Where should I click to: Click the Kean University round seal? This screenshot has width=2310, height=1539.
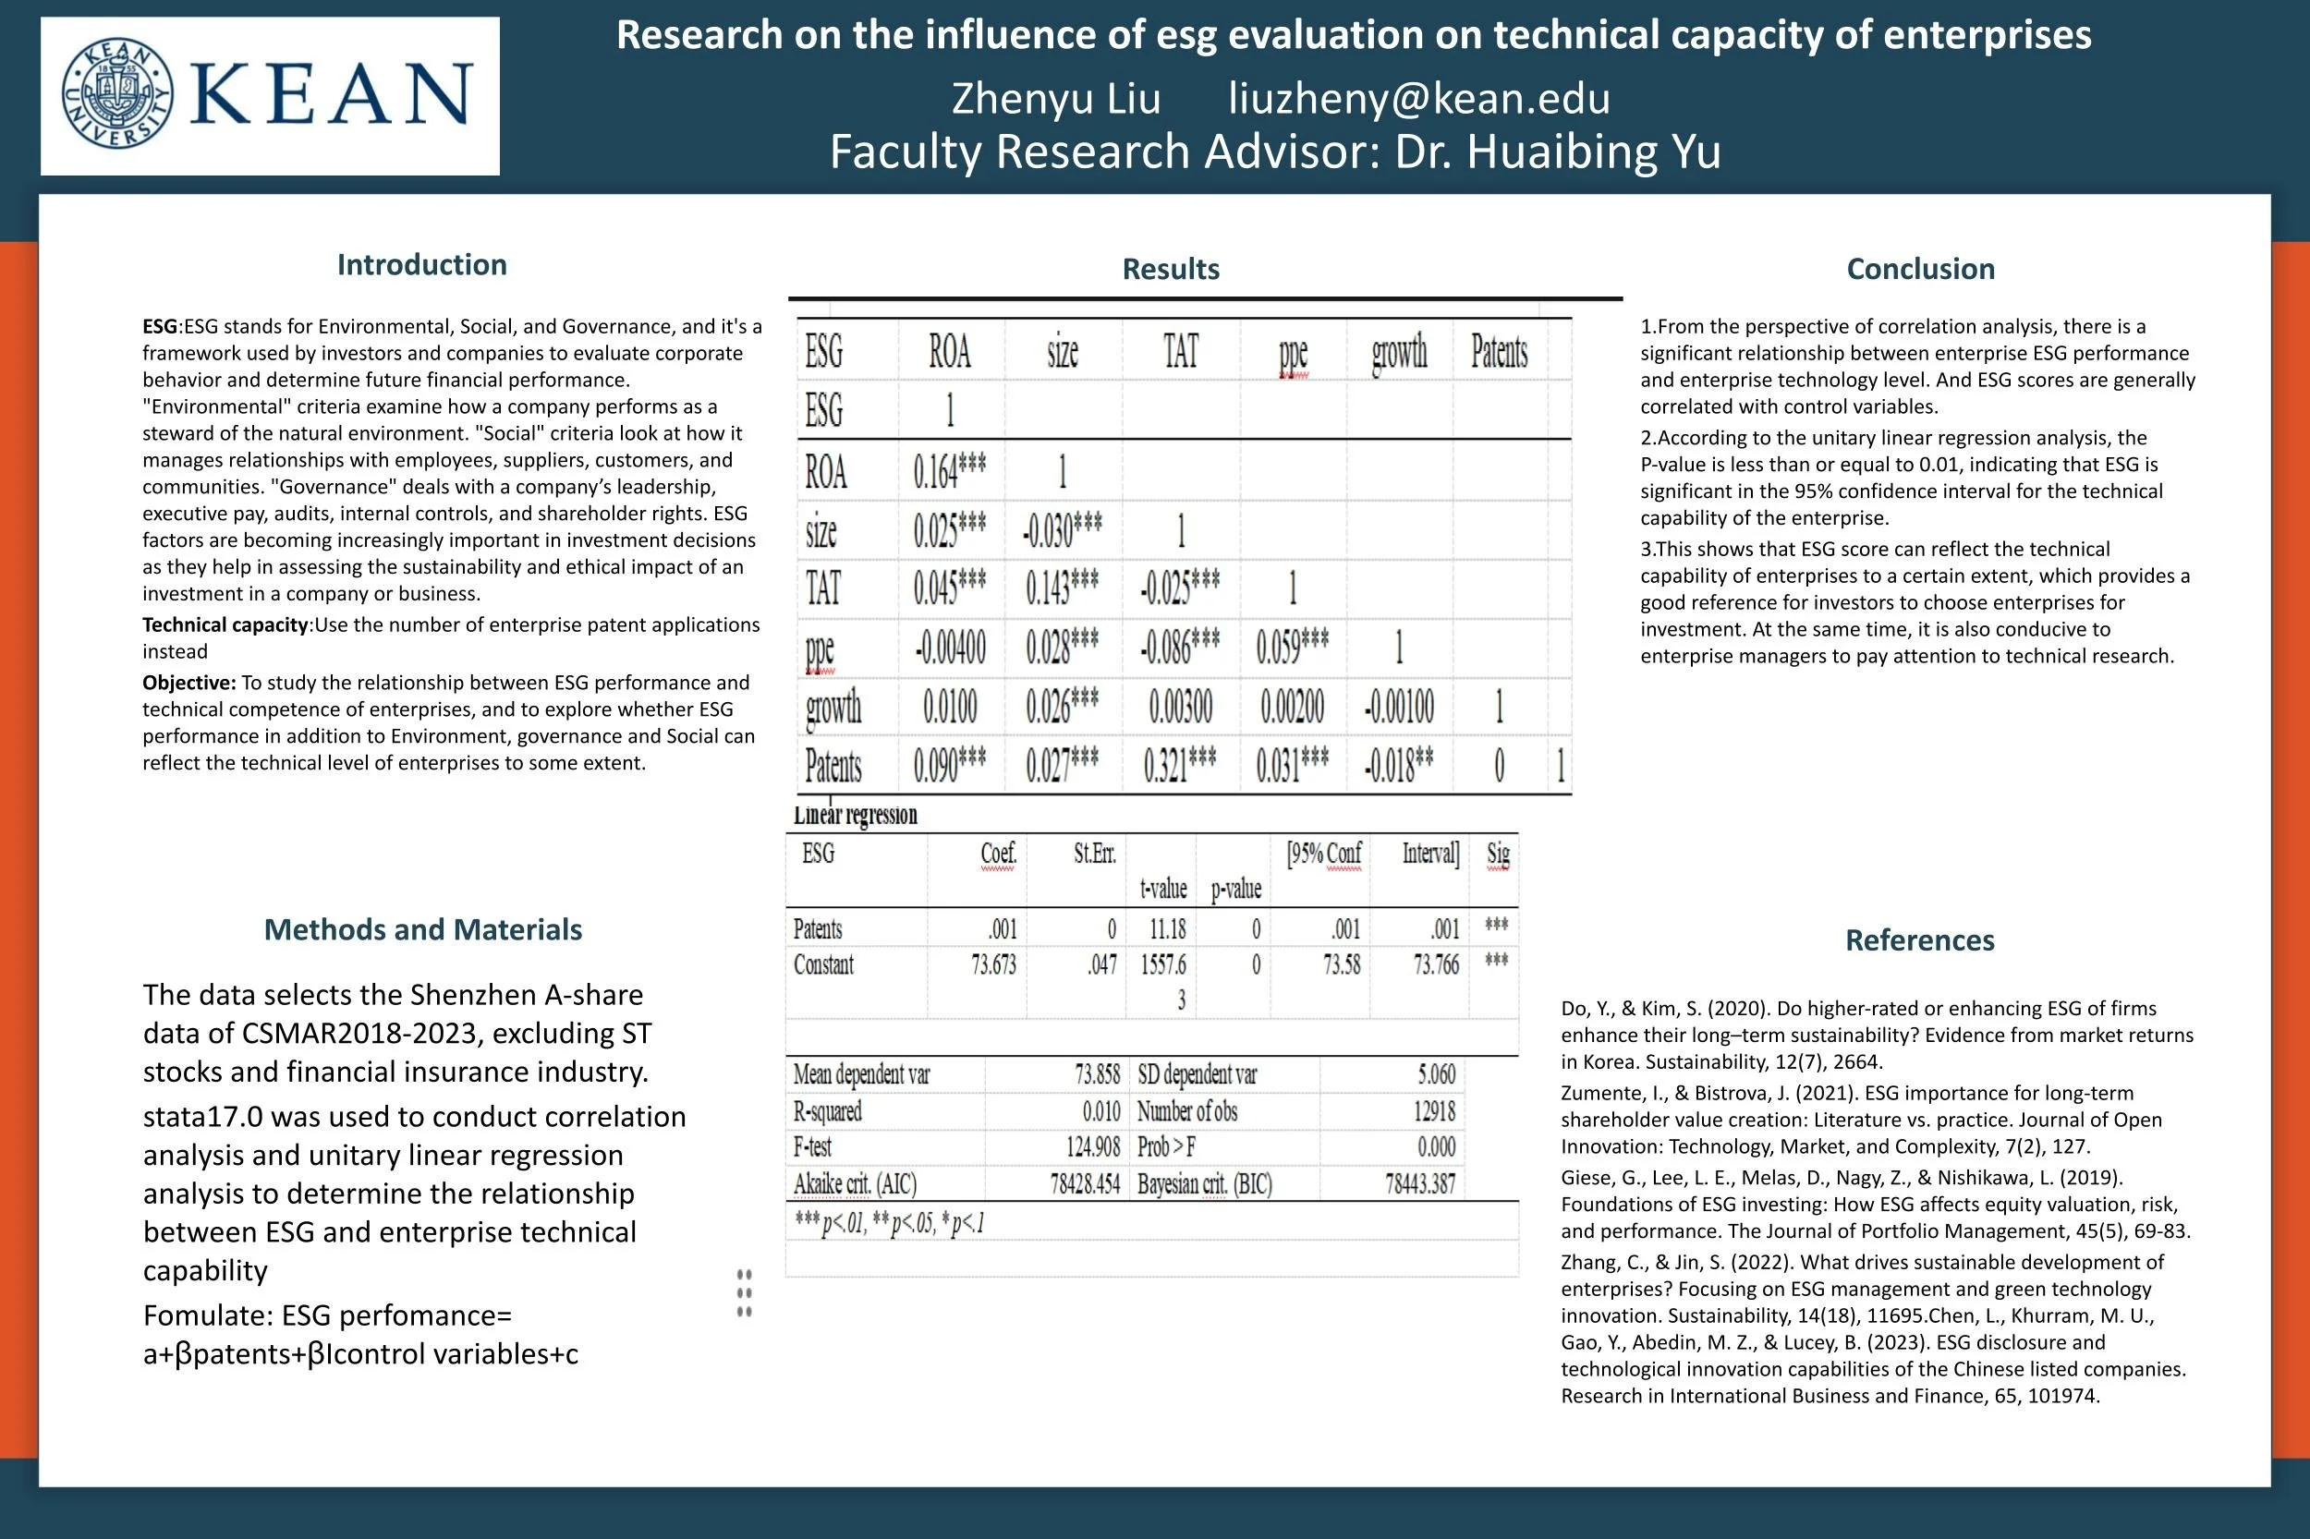tap(117, 94)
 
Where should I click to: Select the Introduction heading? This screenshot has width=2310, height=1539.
tap(421, 265)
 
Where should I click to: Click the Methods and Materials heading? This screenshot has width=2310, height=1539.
tap(422, 929)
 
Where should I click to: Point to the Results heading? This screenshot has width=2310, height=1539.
tap(1170, 269)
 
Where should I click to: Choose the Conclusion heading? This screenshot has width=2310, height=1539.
tap(1919, 269)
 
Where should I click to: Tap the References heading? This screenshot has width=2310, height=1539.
tap(1919, 940)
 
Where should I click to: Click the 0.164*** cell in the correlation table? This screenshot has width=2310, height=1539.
tap(949, 472)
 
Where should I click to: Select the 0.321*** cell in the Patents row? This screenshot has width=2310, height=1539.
tap(1179, 766)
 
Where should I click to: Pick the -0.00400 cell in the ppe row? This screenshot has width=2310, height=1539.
tap(949, 648)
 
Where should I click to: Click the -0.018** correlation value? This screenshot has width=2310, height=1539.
tap(1398, 766)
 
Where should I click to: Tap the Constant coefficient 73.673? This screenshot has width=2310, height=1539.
tap(993, 964)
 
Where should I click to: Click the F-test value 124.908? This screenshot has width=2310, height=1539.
tap(1093, 1146)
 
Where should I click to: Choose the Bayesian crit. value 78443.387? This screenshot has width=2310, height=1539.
tap(1419, 1183)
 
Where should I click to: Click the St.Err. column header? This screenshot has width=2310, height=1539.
tap(1095, 854)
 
